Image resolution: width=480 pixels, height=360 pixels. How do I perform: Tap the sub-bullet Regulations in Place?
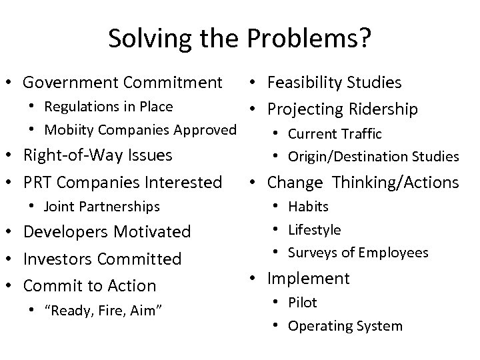108,107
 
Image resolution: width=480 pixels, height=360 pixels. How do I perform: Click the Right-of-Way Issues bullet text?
98,155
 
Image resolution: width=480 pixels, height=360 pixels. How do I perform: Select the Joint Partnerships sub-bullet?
101,207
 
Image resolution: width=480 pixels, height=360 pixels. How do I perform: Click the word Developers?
65,232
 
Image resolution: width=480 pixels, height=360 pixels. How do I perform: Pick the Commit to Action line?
89,285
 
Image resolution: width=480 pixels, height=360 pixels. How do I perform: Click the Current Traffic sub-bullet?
334,134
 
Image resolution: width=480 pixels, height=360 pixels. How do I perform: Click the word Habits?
308,207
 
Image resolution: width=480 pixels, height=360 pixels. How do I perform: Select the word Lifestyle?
314,230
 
